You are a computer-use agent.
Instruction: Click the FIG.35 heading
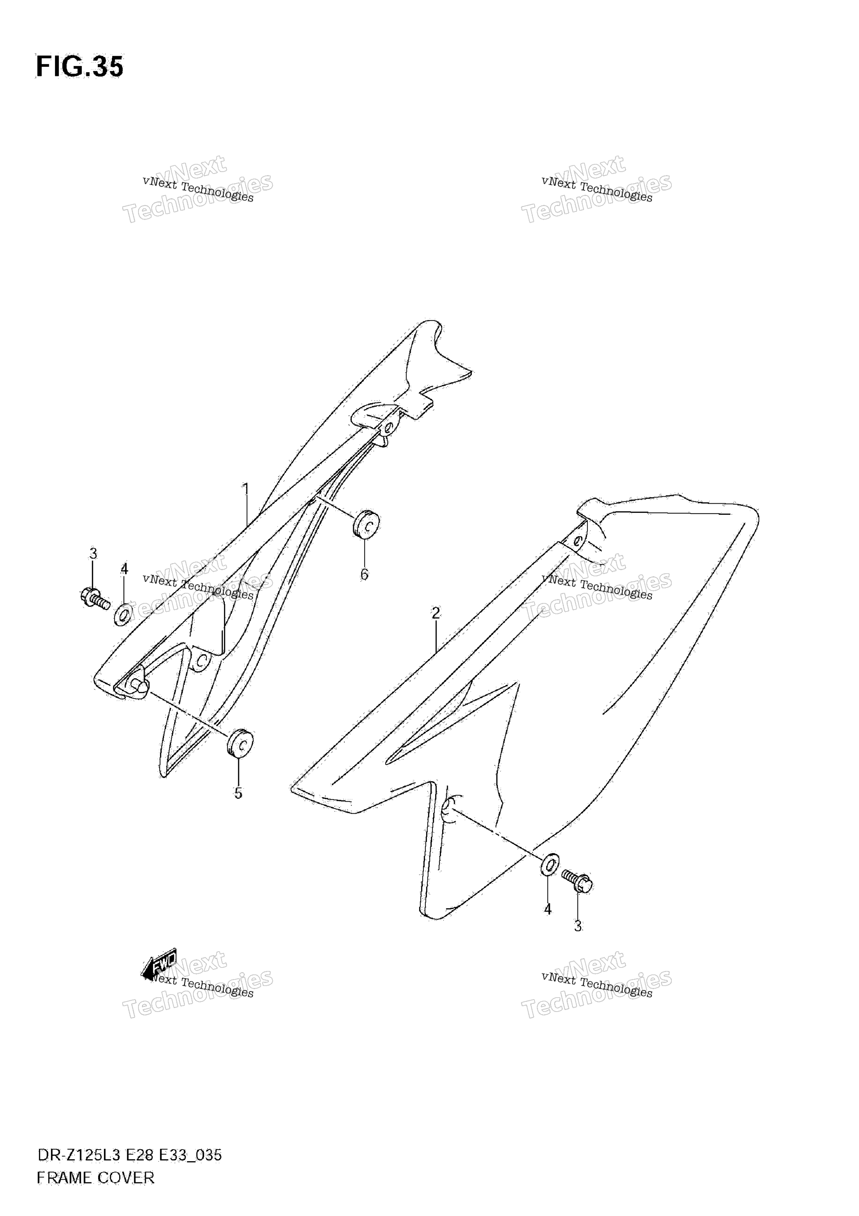point(80,67)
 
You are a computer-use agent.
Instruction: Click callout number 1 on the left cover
point(245,488)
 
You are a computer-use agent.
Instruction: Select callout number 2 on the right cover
point(435,613)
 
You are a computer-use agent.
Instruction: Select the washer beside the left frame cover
point(123,614)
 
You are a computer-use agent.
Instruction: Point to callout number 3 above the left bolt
point(93,554)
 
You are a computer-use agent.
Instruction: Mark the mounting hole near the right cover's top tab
point(577,541)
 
